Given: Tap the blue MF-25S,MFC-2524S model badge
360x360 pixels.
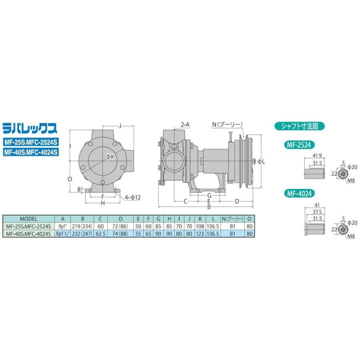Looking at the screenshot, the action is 31,142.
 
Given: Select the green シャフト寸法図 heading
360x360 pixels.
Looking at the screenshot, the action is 299,126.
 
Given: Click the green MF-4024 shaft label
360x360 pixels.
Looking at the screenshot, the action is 299,194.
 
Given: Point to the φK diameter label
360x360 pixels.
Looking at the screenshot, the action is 110,157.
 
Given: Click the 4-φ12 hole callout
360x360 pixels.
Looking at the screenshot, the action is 133,197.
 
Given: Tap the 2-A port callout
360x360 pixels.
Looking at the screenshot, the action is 185,125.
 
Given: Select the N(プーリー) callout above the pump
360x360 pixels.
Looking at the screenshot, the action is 227,125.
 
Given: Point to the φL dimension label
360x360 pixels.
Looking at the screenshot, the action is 261,162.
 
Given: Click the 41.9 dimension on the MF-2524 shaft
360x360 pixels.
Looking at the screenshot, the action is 317,156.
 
